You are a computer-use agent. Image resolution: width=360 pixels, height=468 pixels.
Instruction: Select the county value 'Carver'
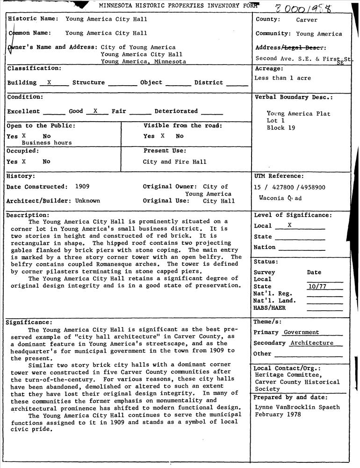307,20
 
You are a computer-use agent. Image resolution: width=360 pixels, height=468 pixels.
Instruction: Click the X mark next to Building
49,82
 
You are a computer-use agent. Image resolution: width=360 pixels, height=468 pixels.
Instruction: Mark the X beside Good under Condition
95,111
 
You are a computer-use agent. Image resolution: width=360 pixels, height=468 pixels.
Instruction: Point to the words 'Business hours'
47,143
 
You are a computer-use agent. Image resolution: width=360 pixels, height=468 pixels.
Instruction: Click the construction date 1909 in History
82,186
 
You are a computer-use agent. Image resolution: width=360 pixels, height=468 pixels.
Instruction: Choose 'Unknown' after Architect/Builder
87,201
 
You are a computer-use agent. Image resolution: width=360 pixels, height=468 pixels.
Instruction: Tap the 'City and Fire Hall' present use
174,162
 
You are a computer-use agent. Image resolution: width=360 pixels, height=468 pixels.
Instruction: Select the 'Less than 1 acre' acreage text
282,78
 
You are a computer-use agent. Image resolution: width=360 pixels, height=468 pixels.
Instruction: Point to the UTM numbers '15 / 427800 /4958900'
289,188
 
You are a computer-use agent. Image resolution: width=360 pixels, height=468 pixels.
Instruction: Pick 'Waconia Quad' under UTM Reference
281,198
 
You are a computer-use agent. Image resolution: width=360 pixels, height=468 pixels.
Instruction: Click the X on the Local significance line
289,225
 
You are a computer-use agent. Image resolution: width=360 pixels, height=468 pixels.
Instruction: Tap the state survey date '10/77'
317,286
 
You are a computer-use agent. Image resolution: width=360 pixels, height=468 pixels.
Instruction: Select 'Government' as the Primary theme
302,332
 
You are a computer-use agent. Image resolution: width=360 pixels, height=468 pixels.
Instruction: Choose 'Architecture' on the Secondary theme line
312,343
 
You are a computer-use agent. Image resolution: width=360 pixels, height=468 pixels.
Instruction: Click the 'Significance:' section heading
29,322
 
